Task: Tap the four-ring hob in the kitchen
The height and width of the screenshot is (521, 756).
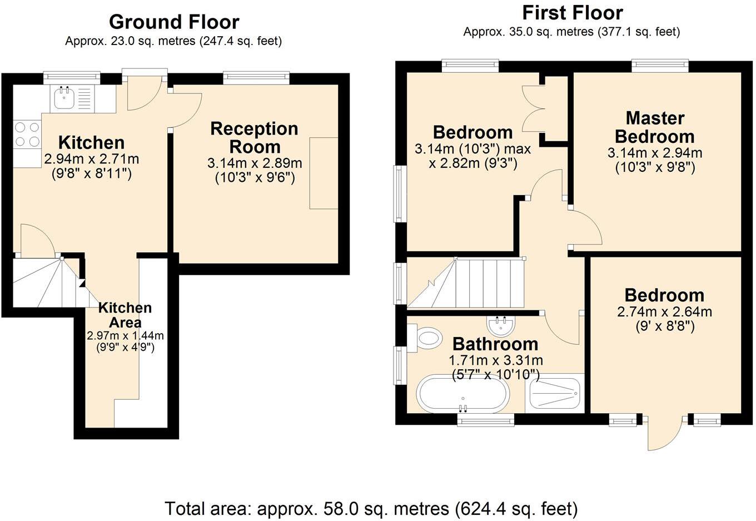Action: point(27,134)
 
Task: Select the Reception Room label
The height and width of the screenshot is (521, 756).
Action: point(255,138)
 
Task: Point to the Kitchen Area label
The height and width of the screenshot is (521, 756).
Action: point(125,315)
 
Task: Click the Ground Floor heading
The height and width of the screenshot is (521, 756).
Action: point(174,22)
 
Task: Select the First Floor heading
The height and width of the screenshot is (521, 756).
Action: point(573,12)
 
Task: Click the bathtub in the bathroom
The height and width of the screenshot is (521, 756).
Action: point(462,394)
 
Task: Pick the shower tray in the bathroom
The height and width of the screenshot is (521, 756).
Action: point(554,394)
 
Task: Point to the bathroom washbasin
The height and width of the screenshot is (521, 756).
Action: point(502,325)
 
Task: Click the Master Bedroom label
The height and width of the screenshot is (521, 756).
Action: point(655,127)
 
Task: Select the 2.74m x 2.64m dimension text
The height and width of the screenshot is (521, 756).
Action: point(664,312)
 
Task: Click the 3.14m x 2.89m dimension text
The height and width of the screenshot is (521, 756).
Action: point(255,163)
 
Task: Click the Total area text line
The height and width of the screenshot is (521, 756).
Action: point(371,508)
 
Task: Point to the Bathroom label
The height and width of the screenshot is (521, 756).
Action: point(495,344)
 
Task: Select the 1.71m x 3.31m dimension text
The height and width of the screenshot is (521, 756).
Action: point(496,360)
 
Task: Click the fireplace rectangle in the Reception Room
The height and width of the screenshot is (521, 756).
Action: point(324,173)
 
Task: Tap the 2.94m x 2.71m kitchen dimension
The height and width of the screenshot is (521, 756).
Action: point(92,159)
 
